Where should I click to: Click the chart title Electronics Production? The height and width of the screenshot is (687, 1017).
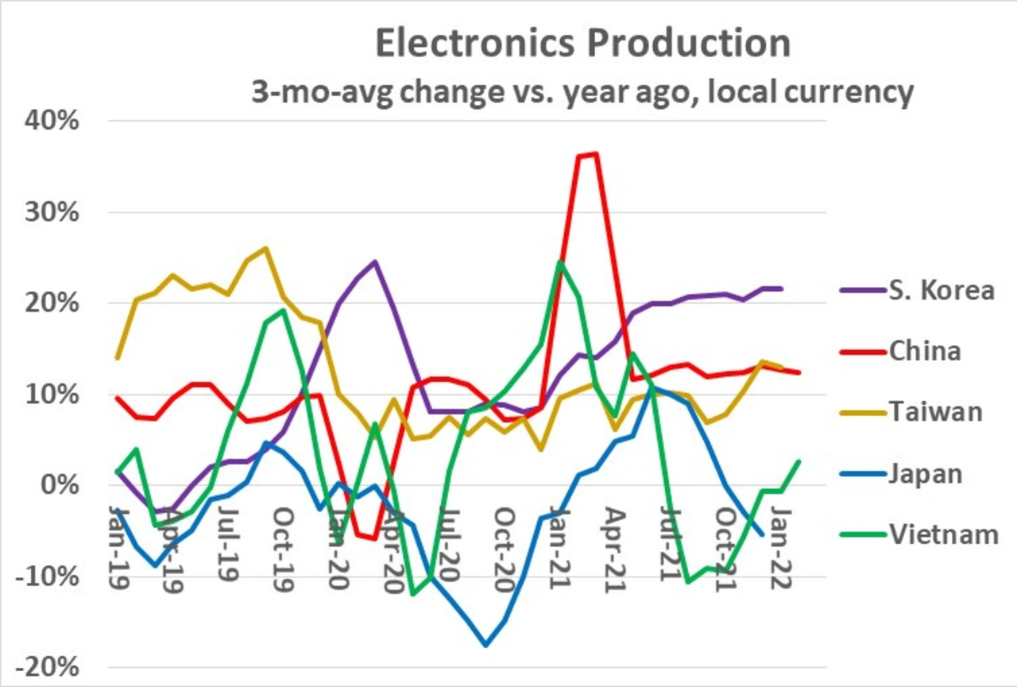click(582, 45)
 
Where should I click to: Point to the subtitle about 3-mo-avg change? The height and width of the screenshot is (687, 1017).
click(582, 92)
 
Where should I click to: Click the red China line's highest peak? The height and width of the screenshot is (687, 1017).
click(595, 153)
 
